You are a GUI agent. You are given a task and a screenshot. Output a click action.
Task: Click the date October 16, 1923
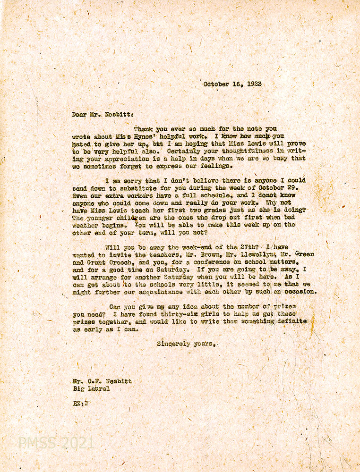232,84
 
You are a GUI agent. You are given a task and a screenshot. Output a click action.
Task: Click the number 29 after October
301,188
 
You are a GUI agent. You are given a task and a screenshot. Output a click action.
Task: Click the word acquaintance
155,292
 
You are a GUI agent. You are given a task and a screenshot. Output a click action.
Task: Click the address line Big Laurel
91,389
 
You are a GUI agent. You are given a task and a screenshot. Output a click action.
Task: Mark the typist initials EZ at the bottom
76,404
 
